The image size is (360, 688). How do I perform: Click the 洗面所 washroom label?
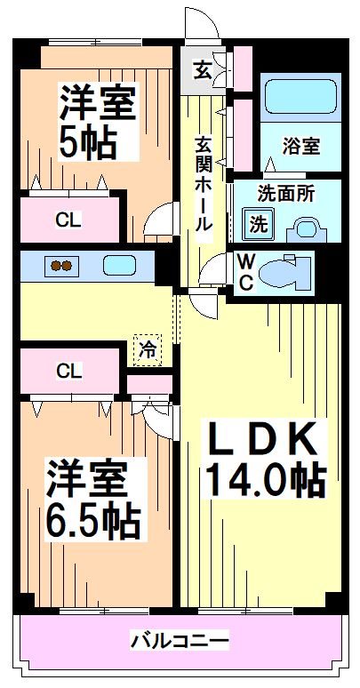click(x=286, y=193)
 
